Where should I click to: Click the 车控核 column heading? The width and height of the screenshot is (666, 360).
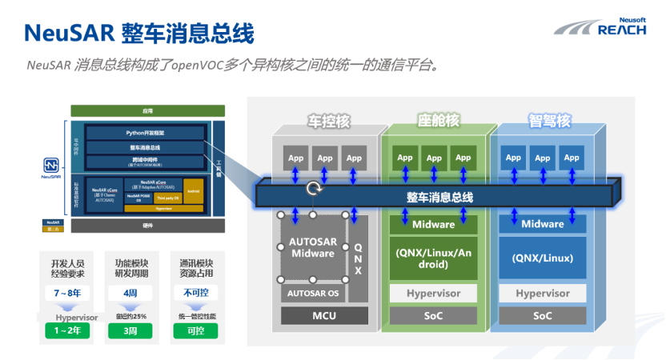click(x=329, y=122)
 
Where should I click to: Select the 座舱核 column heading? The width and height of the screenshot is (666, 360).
click(x=439, y=121)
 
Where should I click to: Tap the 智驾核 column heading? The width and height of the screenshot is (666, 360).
click(x=549, y=121)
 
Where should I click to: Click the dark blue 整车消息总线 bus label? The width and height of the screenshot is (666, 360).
click(x=439, y=197)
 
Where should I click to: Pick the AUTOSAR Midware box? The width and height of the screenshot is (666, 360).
click(x=312, y=247)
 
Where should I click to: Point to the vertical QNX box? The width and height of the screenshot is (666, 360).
click(x=358, y=258)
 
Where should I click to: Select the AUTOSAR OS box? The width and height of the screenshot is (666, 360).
click(x=312, y=293)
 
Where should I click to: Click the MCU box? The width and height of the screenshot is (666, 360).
click(x=323, y=317)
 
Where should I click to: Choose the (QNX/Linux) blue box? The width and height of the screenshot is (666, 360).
click(x=542, y=258)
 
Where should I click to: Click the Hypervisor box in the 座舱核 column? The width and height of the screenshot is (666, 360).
click(x=432, y=293)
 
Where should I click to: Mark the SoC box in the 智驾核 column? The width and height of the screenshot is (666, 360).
click(x=542, y=317)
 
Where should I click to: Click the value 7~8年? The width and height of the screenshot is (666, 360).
click(x=66, y=294)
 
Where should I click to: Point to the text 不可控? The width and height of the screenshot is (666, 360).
click(x=195, y=294)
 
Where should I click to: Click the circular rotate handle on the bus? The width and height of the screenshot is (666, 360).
click(x=312, y=190)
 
